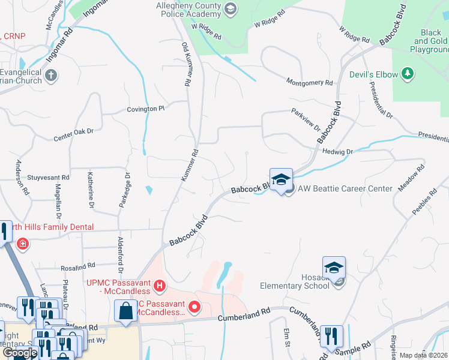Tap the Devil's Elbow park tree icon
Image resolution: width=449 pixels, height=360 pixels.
408,74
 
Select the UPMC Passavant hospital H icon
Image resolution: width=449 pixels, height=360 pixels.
159,286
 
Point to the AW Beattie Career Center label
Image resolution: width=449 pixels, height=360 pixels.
345,188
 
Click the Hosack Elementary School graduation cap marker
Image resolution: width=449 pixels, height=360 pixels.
334,268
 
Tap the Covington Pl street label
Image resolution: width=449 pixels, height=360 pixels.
145,109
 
